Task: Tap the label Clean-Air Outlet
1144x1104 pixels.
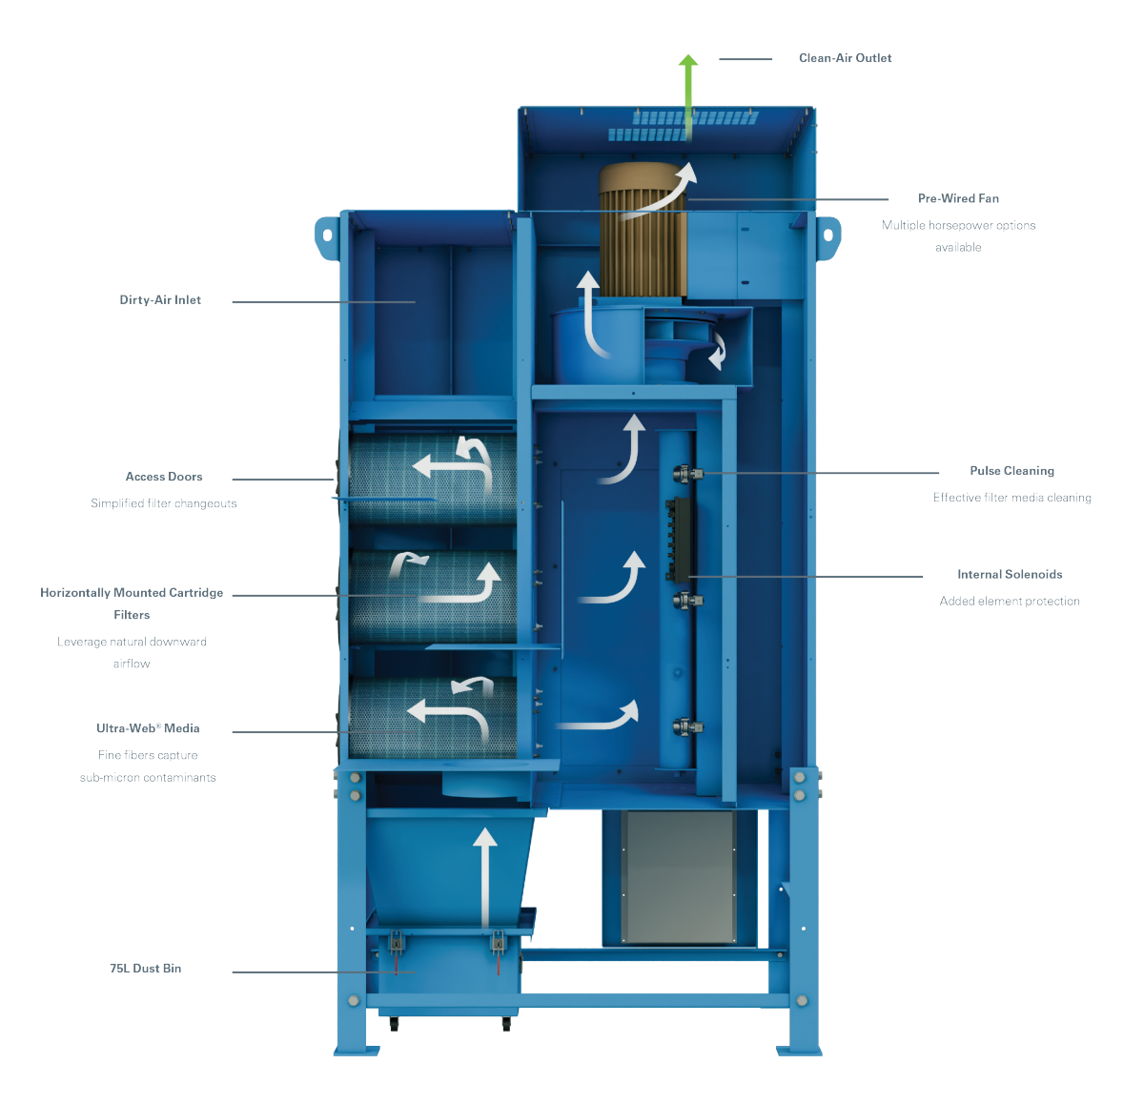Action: pos(845,58)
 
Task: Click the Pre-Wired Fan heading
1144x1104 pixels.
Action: pos(958,198)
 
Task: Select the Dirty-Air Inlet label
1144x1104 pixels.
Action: pos(160,300)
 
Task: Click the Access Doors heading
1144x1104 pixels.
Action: pos(164,477)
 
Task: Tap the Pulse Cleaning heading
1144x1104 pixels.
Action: pos(1011,471)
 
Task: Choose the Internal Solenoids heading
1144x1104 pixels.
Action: pos(1010,574)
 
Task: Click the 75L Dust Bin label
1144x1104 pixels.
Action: pos(145,969)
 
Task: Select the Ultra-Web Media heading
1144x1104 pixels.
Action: pos(148,728)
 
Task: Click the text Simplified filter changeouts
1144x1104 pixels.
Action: pos(164,503)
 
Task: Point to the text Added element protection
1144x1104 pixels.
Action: pos(1010,601)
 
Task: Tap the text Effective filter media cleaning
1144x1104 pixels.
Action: pos(1011,498)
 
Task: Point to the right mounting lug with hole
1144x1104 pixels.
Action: pos(827,235)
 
